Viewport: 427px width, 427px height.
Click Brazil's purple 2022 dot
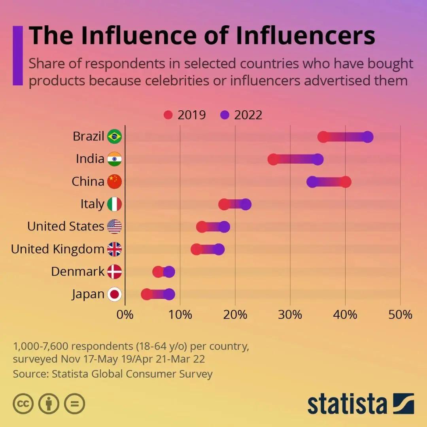tap(368, 137)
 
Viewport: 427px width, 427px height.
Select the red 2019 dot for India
tap(273, 159)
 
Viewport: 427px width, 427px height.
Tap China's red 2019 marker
tap(346, 182)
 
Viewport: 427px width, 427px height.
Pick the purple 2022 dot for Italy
tap(246, 204)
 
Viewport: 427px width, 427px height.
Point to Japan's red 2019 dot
tap(147, 294)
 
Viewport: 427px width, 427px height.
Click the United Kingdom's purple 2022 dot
tap(219, 249)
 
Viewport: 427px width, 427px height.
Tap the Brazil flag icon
tap(115, 137)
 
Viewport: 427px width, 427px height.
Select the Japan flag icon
tap(115, 294)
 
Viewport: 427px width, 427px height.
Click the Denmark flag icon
tap(115, 272)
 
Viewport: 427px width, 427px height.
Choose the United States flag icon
tap(115, 227)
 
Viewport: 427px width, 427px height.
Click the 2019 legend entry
tap(185, 115)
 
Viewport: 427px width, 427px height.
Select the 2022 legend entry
tap(241, 115)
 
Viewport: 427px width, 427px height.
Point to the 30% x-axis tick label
tap(290, 315)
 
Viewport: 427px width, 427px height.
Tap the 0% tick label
tap(125, 315)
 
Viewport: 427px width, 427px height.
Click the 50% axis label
tap(400, 315)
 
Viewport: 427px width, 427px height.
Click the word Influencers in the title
tap(305, 36)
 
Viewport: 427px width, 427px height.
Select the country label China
tap(88, 182)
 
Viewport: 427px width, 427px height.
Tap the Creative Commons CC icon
tap(23, 404)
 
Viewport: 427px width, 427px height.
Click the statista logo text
tap(347, 404)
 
